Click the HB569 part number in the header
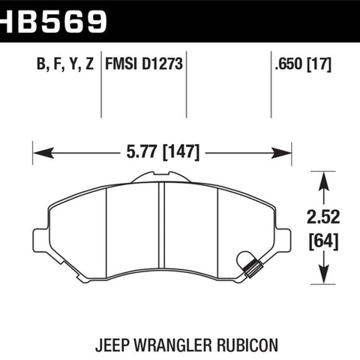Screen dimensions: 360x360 pos(53,22)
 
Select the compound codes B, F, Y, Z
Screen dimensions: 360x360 pos(65,64)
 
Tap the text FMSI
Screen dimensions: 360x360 pos(121,64)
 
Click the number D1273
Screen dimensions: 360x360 pos(163,64)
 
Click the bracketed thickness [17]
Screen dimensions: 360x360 pos(319,64)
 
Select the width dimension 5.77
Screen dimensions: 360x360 pos(142,151)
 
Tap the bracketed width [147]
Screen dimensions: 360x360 pos(181,152)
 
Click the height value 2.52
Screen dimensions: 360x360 pos(323,217)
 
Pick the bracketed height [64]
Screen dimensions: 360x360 pos(323,241)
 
